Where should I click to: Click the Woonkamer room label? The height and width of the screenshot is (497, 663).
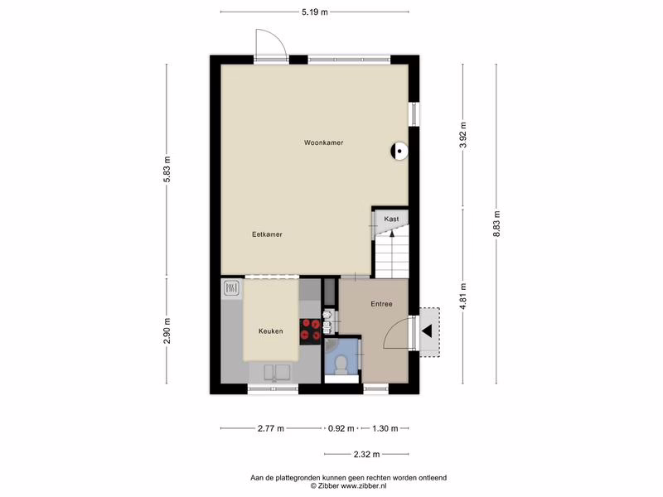[323, 142]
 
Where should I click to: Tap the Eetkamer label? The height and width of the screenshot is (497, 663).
[267, 234]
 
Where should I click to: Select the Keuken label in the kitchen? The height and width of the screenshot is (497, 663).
[271, 331]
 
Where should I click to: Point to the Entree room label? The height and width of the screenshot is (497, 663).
[381, 304]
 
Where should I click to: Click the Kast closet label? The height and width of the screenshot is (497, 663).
[391, 219]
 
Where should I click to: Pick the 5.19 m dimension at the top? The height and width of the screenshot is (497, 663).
[315, 12]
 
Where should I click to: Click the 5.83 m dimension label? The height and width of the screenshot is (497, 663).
[167, 169]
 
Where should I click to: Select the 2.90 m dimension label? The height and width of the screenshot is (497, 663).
[167, 331]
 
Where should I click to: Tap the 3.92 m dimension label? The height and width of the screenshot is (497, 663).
[463, 135]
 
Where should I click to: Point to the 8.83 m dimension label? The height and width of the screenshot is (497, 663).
[497, 224]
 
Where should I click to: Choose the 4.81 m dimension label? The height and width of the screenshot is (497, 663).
[463, 297]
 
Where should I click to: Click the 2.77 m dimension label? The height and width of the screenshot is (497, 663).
[271, 428]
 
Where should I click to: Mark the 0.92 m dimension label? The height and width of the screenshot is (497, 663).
[341, 428]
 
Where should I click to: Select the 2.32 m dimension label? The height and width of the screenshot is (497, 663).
[366, 454]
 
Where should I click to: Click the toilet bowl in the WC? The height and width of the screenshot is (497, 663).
[341, 364]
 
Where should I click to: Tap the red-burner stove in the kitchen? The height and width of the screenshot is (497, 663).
[310, 331]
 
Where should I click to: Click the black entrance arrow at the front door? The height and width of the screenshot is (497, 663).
[427, 331]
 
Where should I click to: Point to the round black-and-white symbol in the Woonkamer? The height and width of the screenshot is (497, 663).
[399, 151]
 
